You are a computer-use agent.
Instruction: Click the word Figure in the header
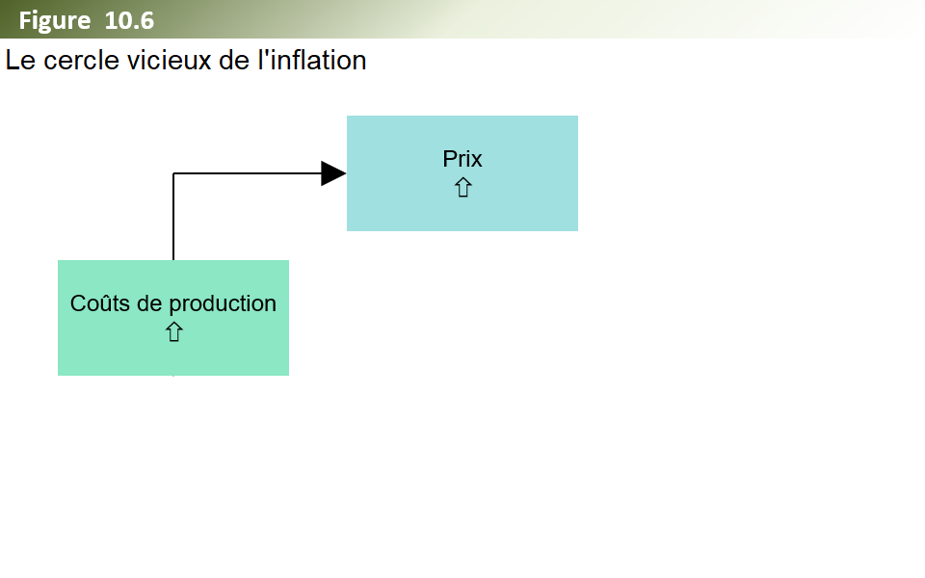click(x=55, y=21)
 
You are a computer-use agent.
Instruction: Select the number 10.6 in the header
click(x=129, y=20)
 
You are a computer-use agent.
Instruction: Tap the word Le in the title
click(x=20, y=60)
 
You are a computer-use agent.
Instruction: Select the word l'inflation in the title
click(x=312, y=60)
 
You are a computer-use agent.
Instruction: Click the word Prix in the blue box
click(x=462, y=159)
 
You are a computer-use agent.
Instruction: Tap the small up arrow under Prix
click(x=463, y=188)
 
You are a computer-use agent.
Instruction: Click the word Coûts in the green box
click(x=99, y=303)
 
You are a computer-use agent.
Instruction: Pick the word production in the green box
click(x=223, y=304)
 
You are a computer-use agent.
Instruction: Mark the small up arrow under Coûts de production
click(x=174, y=332)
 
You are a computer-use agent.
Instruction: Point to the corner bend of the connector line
click(x=173, y=173)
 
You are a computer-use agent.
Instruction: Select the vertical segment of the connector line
click(x=173, y=217)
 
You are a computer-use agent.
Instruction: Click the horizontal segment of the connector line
click(x=248, y=173)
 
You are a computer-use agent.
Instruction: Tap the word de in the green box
click(x=149, y=303)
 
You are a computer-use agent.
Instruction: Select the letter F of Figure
click(x=25, y=20)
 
